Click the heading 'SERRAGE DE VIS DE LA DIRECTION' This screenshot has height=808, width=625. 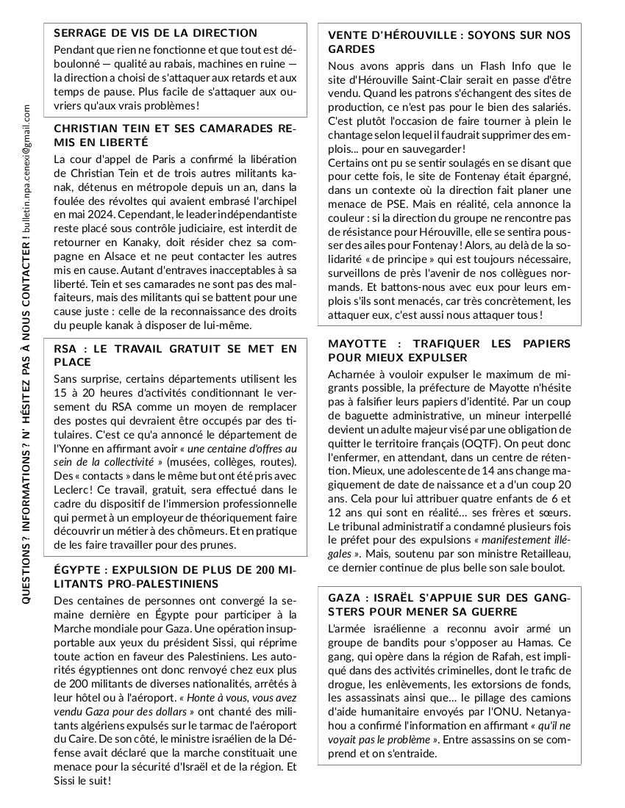tap(156, 33)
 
